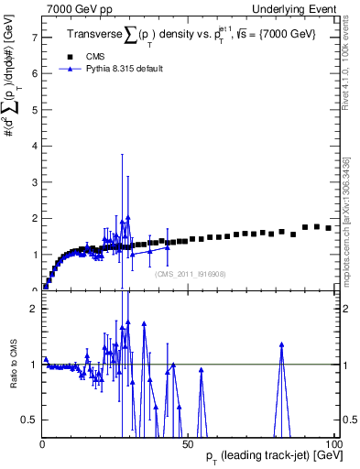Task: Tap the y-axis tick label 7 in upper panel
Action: [x=34, y=38]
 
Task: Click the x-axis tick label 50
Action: [x=187, y=444]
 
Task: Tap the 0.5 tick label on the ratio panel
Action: [x=29, y=420]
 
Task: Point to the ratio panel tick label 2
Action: [x=34, y=309]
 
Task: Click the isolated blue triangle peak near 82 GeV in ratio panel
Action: [x=281, y=344]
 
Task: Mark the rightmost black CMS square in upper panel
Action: [x=329, y=228]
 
